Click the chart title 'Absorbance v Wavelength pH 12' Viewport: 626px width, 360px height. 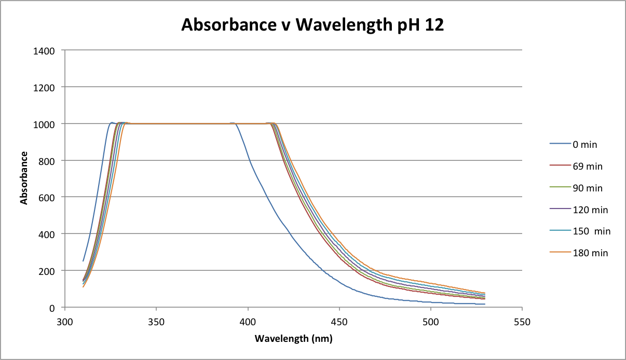(x=312, y=25)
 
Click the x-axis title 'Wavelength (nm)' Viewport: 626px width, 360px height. (x=293, y=339)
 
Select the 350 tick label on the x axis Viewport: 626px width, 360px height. (x=156, y=322)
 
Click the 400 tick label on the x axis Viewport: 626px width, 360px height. (x=248, y=322)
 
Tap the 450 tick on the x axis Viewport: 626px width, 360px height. (x=339, y=322)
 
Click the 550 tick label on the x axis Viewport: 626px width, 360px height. (x=522, y=322)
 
